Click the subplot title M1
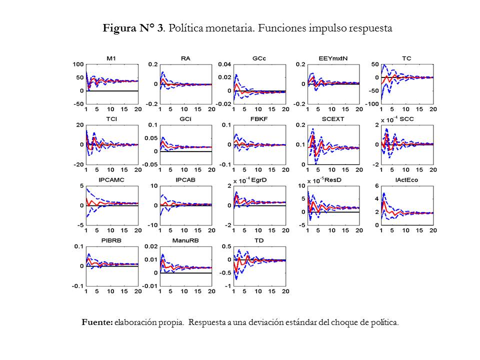tap(111, 58)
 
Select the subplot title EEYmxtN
tap(333, 58)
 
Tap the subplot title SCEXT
tap(333, 119)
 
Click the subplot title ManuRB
tap(185, 240)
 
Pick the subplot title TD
tap(259, 240)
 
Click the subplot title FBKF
tap(259, 119)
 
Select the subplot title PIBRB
tap(111, 240)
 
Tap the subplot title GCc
tap(259, 58)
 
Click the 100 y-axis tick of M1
tap(78, 64)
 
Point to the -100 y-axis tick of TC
tap(372, 104)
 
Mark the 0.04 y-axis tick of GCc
tap(224, 64)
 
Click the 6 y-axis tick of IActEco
tap(376, 186)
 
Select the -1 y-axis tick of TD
tap(227, 286)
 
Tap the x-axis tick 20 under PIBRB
tap(137, 292)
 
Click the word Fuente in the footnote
tap(97, 322)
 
